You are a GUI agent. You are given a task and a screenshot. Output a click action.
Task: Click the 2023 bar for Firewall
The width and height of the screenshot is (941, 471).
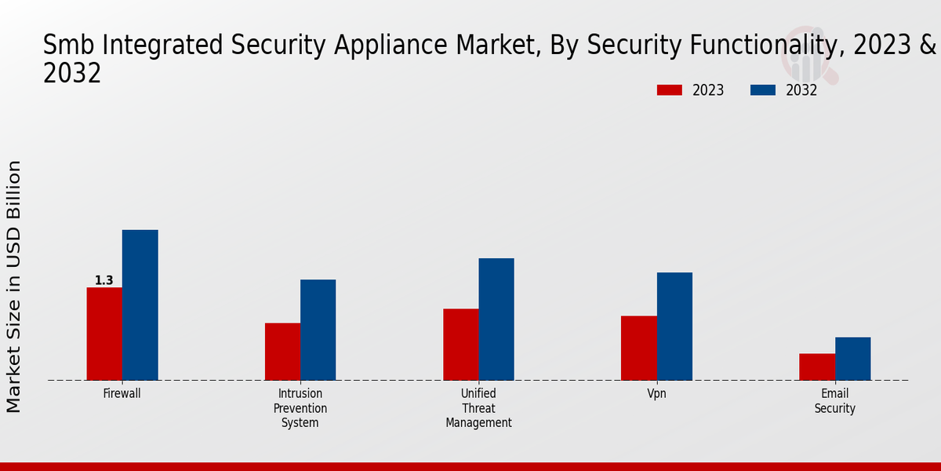coord(104,334)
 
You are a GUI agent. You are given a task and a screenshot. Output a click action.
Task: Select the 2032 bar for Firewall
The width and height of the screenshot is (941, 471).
coord(140,305)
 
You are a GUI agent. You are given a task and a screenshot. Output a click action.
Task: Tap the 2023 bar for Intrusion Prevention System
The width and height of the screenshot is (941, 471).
coord(282,352)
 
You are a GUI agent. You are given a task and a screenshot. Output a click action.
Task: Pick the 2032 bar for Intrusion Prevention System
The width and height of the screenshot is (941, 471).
coord(318,330)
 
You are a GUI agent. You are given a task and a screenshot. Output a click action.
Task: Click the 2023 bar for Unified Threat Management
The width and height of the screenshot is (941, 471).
coord(460,345)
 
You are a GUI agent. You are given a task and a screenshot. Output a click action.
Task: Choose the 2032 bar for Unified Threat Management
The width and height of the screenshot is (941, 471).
coord(496,319)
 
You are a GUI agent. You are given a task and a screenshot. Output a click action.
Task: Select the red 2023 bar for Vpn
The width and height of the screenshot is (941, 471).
coord(638,348)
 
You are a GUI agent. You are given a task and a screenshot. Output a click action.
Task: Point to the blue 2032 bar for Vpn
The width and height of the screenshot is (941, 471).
coord(674,326)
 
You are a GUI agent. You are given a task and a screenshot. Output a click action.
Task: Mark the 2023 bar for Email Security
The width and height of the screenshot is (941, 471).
coord(817,367)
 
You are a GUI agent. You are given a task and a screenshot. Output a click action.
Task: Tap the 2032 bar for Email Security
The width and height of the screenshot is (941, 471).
coord(852,359)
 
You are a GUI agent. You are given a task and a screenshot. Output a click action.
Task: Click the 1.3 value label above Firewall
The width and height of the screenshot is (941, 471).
coord(104,280)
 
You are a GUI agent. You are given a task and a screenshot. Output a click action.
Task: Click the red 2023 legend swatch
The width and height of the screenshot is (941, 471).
coord(669,90)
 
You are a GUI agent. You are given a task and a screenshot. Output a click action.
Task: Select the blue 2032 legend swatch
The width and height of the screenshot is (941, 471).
coord(762,90)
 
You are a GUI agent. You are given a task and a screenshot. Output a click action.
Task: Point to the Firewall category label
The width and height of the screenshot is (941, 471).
coord(122,394)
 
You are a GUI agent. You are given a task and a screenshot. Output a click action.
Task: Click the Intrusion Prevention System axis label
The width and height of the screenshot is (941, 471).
coord(300,408)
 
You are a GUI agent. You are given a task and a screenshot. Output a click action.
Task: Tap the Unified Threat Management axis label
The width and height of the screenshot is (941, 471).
coord(478,408)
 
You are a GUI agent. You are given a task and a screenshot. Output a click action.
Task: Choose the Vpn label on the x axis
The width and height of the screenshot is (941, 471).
coord(656,394)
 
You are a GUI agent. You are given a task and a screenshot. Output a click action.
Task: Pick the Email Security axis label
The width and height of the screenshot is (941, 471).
coord(834,401)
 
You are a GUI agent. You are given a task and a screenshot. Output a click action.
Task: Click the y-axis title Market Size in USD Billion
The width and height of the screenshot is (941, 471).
coord(14,287)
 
